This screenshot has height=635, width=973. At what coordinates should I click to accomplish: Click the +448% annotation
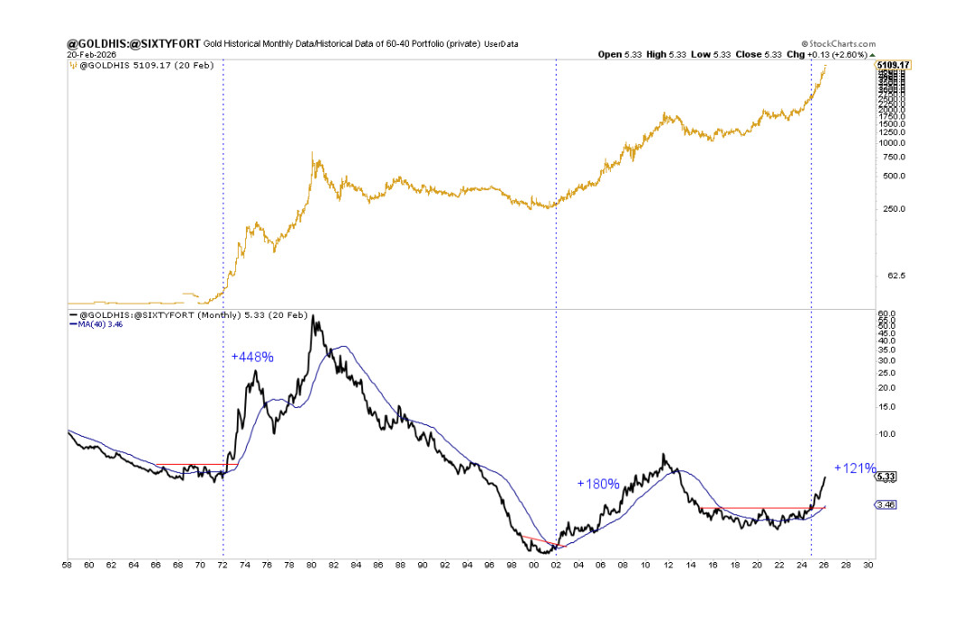coord(252,357)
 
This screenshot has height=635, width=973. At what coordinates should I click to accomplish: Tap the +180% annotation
coord(598,484)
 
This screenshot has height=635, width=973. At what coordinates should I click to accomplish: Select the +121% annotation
coord(854,468)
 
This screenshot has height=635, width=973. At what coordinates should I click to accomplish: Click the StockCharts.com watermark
coord(837,43)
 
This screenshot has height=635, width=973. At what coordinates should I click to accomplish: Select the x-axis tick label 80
coord(312,565)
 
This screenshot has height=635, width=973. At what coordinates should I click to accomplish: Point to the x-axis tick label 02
coord(556,565)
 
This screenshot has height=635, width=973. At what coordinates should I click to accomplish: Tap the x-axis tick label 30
coord(868,565)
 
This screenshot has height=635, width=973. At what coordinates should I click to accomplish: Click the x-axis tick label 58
coord(68,565)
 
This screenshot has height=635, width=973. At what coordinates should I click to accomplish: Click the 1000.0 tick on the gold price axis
coord(890,142)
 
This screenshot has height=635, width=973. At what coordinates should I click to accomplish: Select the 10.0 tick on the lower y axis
coord(887,433)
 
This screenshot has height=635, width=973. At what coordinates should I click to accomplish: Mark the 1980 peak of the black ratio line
coord(313,315)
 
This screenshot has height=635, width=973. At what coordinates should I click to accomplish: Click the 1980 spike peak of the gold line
coord(312,153)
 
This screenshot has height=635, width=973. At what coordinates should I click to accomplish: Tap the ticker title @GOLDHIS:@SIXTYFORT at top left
coord(134,43)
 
